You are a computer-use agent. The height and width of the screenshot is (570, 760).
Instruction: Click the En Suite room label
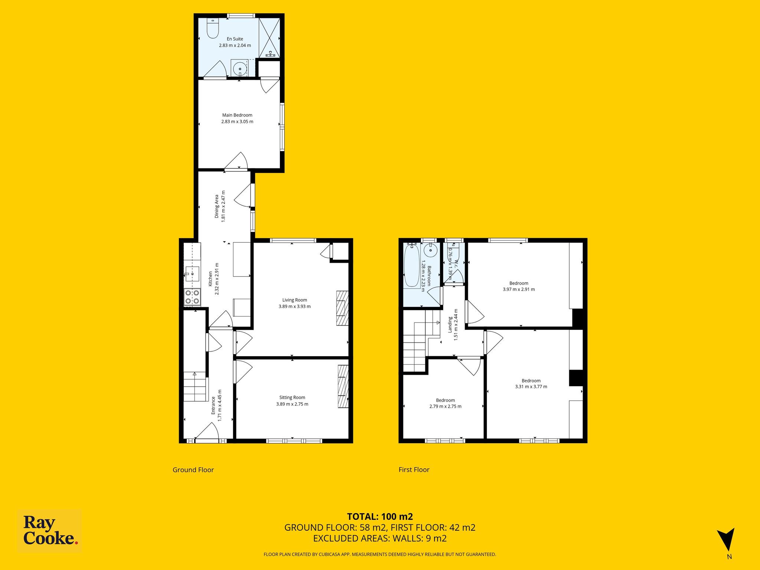tap(235, 39)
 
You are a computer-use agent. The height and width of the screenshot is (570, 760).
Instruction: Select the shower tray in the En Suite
tap(269, 37)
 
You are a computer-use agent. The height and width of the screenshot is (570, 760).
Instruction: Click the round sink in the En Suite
tap(240, 69)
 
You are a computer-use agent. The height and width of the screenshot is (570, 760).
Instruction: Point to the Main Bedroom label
tap(237, 115)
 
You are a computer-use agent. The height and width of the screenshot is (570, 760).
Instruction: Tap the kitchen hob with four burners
tap(192, 297)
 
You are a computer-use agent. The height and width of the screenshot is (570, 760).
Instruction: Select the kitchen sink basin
tap(193, 274)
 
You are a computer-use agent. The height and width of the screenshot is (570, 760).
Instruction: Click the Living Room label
tap(295, 300)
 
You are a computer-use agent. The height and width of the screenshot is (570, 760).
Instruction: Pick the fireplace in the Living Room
tap(343, 308)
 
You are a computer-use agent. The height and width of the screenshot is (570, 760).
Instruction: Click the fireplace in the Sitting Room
tap(343, 387)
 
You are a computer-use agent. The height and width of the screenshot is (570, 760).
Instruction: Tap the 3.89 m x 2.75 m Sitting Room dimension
tap(292, 404)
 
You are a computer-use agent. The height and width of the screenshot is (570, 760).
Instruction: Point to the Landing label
tap(450, 324)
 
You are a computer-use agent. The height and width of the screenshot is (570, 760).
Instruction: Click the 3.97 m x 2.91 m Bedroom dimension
tap(519, 289)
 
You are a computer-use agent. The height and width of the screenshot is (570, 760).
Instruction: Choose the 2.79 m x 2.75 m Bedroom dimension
tap(445, 406)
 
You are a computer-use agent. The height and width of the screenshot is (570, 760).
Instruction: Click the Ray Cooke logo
tap(50, 531)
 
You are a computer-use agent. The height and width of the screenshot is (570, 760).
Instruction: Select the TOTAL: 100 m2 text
tap(380, 517)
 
